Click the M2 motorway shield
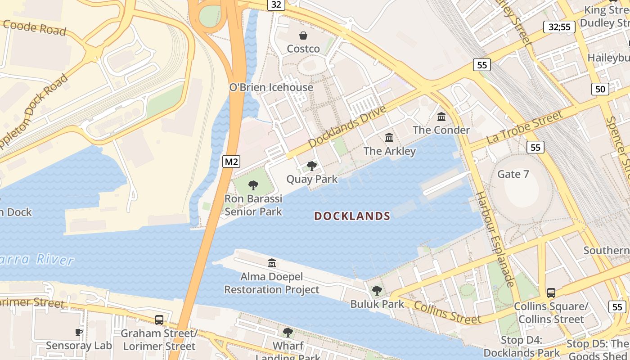(x=231, y=162)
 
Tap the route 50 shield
(x=600, y=89)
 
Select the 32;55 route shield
(x=559, y=27)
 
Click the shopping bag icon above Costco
(x=304, y=36)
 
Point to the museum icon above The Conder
(x=441, y=117)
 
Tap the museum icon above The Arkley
(x=389, y=138)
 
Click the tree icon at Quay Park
(x=311, y=166)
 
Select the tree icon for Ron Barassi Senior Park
(x=253, y=185)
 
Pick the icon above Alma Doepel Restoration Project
(x=272, y=263)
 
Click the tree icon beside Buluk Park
(x=377, y=291)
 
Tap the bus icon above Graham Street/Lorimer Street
(x=159, y=320)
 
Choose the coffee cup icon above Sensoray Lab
(x=79, y=333)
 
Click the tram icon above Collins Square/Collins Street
(x=551, y=293)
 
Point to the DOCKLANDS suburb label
(x=352, y=216)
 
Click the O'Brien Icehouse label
(x=271, y=87)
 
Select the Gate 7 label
(x=513, y=174)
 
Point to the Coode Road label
(x=34, y=28)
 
